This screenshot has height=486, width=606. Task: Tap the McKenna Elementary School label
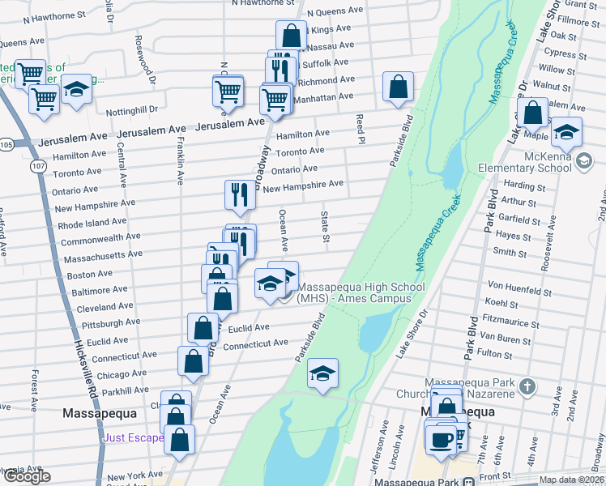[536, 162]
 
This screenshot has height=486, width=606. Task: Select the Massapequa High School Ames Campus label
[361, 292]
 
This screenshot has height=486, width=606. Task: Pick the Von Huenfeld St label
[519, 292]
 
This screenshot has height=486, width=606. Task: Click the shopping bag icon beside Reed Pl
[398, 87]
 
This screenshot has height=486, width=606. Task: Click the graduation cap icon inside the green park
[322, 373]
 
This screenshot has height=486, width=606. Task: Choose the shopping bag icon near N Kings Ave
[291, 35]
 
